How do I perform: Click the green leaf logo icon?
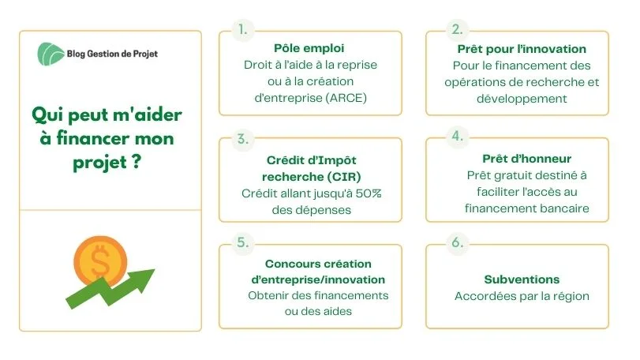[x=51, y=54]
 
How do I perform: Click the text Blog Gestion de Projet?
[x=112, y=54]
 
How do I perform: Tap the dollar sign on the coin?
[x=100, y=261]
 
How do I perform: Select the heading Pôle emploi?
[x=309, y=48]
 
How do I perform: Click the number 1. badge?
[x=243, y=29]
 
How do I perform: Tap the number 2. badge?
[x=457, y=29]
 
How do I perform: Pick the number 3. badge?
[x=243, y=139]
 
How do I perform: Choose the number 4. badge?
[x=457, y=136]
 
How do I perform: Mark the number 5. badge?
[x=243, y=242]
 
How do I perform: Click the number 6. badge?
[x=457, y=242]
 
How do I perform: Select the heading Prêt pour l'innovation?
[x=522, y=49]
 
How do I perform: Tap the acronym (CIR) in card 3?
[x=339, y=177]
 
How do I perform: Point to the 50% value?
[x=369, y=193]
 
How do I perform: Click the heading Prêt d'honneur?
[x=526, y=159]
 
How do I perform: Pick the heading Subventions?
[x=522, y=279]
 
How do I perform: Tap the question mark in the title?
[x=137, y=162]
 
